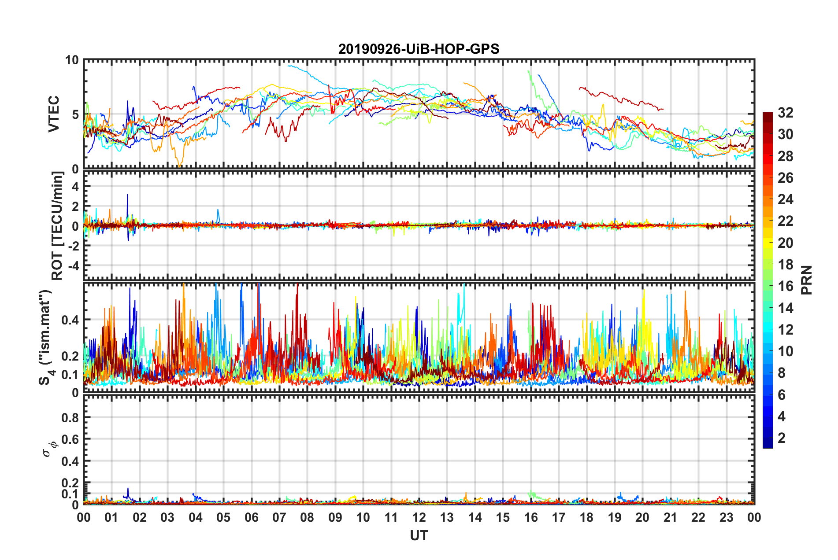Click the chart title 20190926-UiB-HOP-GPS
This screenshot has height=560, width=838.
click(x=419, y=49)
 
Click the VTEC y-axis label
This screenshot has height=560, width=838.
click(x=54, y=114)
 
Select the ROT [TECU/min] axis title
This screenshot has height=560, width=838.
click(x=57, y=226)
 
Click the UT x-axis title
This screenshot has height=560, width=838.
click(x=419, y=536)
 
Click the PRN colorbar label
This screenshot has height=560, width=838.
click(x=806, y=280)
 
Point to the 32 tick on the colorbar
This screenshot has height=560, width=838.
click(x=785, y=113)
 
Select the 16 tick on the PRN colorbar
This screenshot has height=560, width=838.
click(x=785, y=286)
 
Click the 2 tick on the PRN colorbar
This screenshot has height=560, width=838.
click(x=782, y=438)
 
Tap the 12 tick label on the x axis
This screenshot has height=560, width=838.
click(x=419, y=517)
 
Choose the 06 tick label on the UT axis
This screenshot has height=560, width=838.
click(x=251, y=517)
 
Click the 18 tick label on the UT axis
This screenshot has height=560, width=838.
click(x=586, y=517)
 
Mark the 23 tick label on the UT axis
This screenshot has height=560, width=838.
click(x=726, y=517)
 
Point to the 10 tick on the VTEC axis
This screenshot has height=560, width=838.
click(x=72, y=60)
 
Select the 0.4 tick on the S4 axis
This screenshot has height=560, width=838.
click(x=70, y=320)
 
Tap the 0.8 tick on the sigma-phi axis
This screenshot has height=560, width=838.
click(x=70, y=417)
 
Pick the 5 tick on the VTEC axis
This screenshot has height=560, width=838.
click(x=75, y=114)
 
